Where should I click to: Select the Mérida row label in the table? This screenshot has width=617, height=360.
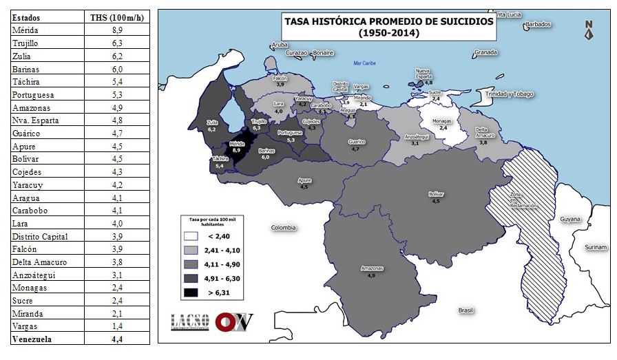point(25,30)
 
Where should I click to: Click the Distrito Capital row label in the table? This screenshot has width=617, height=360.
point(40,236)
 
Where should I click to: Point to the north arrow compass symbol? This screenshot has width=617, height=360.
point(589,30)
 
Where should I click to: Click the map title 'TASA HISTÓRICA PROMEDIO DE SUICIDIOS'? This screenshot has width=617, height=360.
point(389,21)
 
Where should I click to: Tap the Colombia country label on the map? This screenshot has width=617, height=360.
point(283,228)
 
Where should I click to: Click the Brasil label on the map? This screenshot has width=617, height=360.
point(466,310)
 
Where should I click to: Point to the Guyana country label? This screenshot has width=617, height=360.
point(569,220)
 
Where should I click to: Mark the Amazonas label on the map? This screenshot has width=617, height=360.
point(370,268)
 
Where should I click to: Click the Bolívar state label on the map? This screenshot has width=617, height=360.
point(435,195)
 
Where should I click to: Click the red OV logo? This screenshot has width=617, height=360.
point(233,322)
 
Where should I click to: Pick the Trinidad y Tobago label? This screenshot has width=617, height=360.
point(509,94)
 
